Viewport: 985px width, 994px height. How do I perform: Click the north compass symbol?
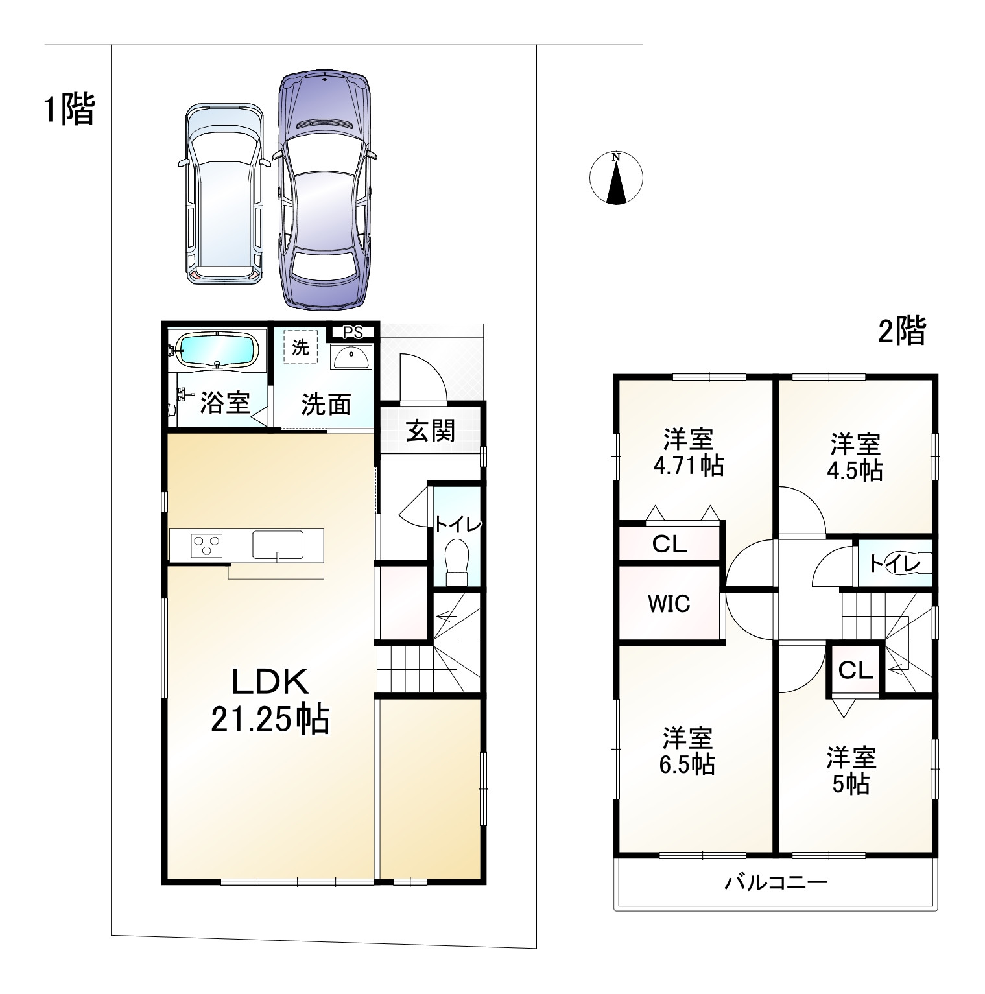click(616, 178)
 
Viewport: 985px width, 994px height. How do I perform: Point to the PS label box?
click(352, 333)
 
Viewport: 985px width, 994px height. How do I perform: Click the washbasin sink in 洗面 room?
click(351, 356)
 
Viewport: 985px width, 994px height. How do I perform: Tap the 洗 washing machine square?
click(300, 347)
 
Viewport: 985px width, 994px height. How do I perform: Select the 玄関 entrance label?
click(431, 430)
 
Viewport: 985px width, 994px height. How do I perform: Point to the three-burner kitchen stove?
click(206, 544)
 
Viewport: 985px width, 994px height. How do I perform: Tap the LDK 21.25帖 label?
click(270, 700)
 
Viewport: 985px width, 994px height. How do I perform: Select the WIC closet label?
click(669, 604)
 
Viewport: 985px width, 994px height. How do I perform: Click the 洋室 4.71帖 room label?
click(688, 453)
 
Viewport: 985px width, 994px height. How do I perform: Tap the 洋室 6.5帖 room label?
click(687, 751)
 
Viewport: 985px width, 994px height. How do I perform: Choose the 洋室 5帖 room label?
click(851, 771)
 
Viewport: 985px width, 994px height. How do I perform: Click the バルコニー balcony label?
click(776, 883)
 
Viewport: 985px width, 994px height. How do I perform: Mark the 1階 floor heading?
click(69, 109)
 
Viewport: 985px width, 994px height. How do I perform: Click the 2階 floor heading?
click(902, 331)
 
